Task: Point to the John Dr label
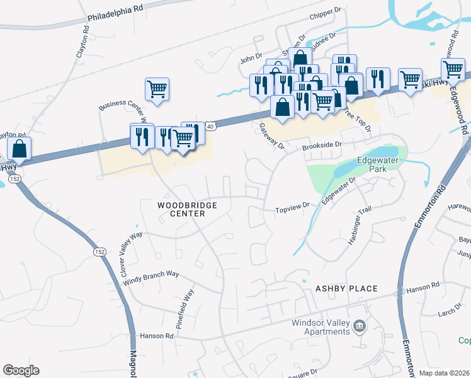pyautogui.click(x=250, y=58)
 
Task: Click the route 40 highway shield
pyautogui.click(x=210, y=127)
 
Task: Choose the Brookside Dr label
pyautogui.click(x=321, y=145)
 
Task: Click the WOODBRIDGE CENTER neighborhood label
pyautogui.click(x=187, y=210)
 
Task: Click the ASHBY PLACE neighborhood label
pyautogui.click(x=346, y=289)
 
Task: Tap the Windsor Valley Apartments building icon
pyautogui.click(x=360, y=326)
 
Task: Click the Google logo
pyautogui.click(x=21, y=370)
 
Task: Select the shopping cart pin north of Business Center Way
pyautogui.click(x=157, y=89)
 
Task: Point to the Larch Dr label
pyautogui.click(x=451, y=312)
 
